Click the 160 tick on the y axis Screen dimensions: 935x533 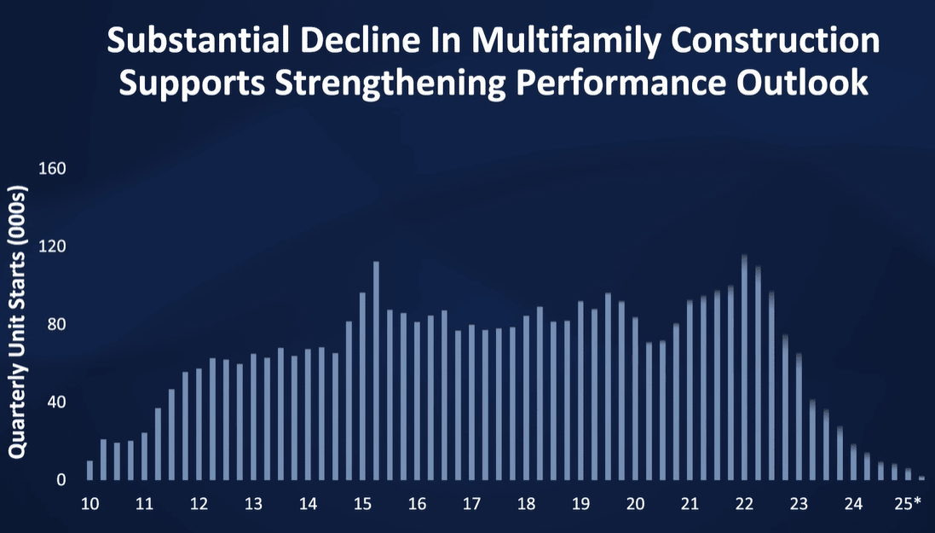52,169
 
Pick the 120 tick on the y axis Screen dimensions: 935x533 52,247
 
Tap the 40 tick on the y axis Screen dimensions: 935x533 55,403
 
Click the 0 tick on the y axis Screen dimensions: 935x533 61,480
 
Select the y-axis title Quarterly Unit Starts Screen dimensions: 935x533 17,322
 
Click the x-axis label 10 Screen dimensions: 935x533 89,504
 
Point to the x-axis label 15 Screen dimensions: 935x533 362,504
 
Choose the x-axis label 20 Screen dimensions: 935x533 635,504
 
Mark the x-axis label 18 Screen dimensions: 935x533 526,504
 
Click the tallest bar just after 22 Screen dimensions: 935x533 744,368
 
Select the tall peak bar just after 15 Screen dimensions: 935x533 376,371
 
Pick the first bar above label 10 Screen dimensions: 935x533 90,471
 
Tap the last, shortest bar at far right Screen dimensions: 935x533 921,478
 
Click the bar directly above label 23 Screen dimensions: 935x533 799,417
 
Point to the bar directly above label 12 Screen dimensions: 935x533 199,425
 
